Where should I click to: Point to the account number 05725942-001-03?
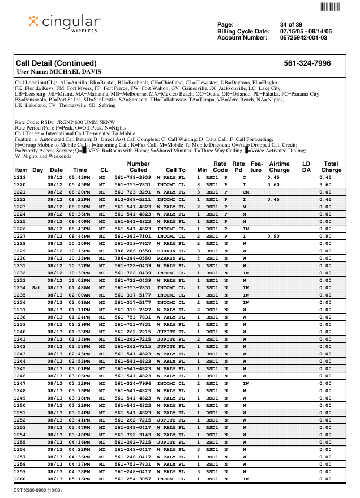click(x=303, y=38)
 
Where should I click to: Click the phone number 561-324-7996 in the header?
click(x=307, y=63)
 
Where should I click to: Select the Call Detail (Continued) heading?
click(x=56, y=63)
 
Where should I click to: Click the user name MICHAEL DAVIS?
click(x=59, y=72)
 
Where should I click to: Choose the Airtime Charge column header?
click(x=278, y=167)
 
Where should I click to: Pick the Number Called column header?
click(x=138, y=167)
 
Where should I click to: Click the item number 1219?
click(x=20, y=177)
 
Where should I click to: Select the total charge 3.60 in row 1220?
click(x=325, y=184)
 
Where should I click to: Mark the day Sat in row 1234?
click(x=37, y=287)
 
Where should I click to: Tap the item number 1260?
click(x=20, y=479)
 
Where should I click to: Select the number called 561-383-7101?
click(x=132, y=236)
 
